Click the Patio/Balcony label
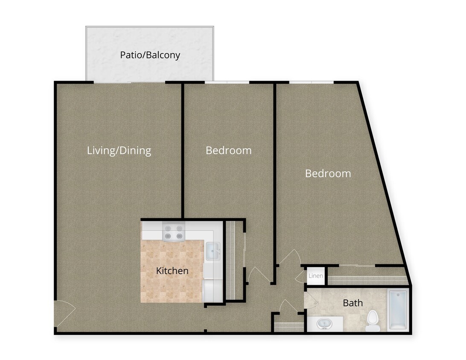click(x=150, y=55)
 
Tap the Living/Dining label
click(x=119, y=151)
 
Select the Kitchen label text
click(x=172, y=271)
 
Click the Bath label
click(x=353, y=303)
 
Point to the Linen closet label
click(x=316, y=276)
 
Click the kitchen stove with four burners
click(x=174, y=232)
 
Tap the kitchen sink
click(x=213, y=251)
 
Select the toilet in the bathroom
click(x=373, y=321)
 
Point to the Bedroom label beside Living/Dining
click(x=228, y=151)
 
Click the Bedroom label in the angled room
click(x=328, y=174)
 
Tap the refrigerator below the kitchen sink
click(x=212, y=290)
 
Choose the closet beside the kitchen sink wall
click(x=233, y=260)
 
